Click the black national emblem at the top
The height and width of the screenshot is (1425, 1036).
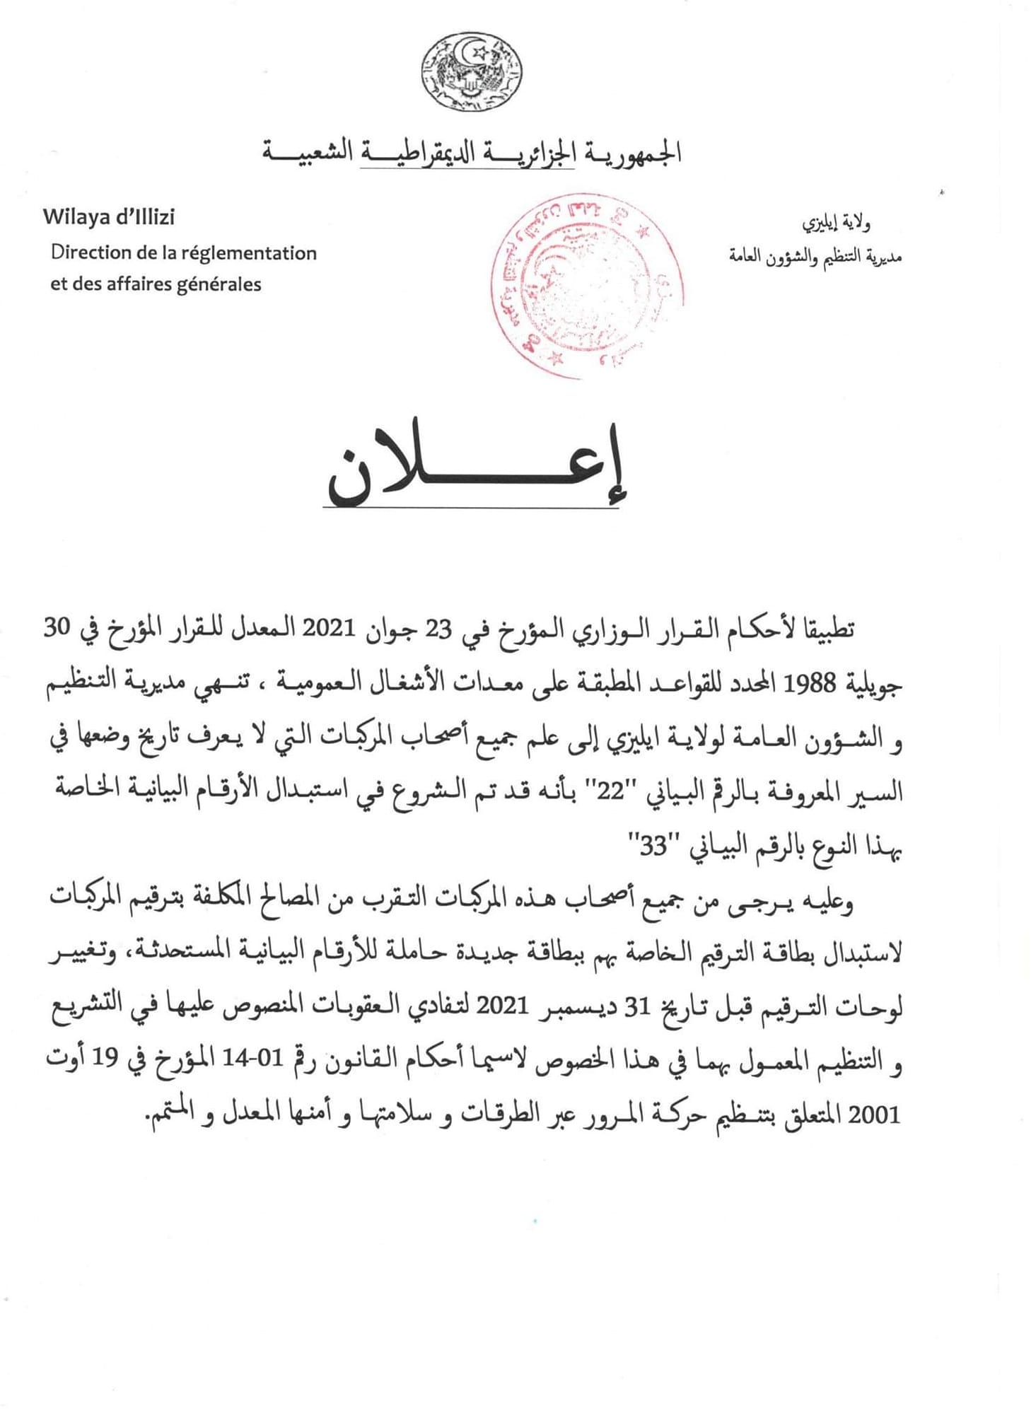point(472,71)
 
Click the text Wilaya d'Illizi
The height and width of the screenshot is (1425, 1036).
point(108,216)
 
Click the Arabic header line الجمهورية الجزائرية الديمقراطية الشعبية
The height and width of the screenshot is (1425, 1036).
point(472,152)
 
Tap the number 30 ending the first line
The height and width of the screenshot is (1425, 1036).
point(59,629)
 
